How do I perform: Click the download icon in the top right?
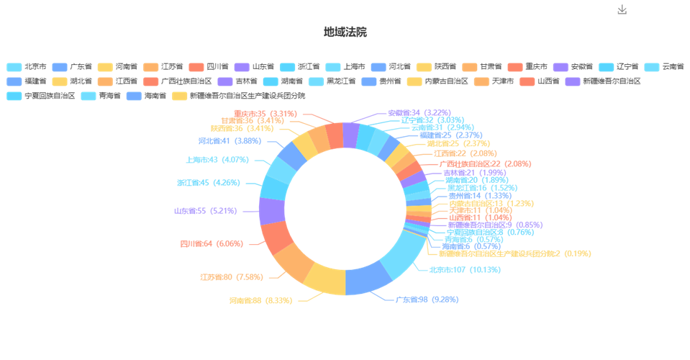coord(622,9)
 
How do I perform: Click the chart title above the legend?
coord(345,32)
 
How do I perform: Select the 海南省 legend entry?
coord(142,95)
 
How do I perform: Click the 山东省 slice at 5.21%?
coord(270,212)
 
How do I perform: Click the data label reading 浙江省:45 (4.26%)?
coord(213,183)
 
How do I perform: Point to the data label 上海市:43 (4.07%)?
coord(217,160)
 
